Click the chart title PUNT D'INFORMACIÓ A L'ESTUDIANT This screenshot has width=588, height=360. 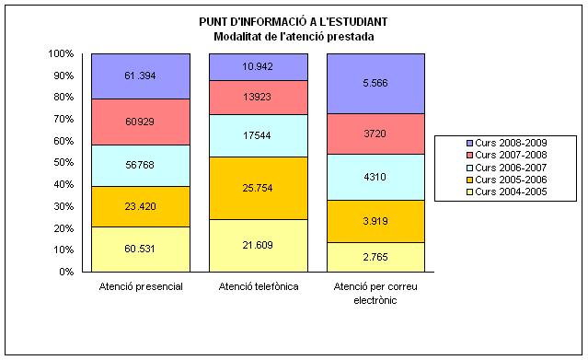coord(294,21)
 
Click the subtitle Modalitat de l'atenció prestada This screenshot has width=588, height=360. coord(294,35)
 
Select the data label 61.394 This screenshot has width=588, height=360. coord(140,75)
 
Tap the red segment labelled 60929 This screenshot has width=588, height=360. coord(140,122)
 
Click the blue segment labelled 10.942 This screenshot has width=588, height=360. coord(259,67)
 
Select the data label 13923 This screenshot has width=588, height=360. coord(259,98)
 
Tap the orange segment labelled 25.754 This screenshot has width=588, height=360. coord(259,189)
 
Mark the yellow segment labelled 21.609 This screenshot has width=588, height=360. coord(259,245)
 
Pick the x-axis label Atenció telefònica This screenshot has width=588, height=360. coord(259,287)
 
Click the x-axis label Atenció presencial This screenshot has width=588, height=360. coord(140,287)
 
